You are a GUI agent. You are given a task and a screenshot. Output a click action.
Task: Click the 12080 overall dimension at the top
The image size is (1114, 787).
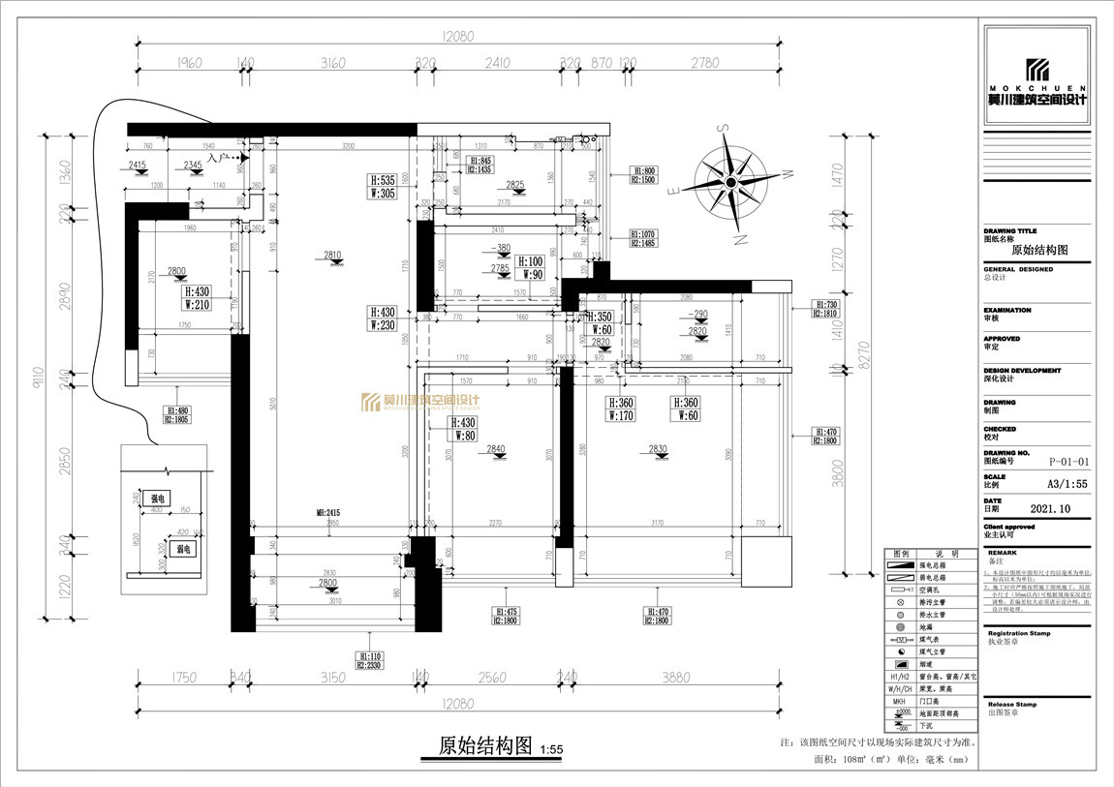(x=457, y=36)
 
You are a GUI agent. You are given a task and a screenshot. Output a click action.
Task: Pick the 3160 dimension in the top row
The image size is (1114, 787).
(x=332, y=63)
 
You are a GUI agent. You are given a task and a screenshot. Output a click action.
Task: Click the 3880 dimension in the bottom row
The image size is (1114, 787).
(x=679, y=678)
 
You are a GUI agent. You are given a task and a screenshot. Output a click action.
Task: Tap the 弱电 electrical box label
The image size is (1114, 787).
(x=183, y=549)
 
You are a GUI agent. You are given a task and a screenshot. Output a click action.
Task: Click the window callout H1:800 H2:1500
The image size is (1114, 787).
(x=643, y=174)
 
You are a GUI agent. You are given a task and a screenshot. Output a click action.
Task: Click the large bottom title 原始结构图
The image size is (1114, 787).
(x=486, y=745)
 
